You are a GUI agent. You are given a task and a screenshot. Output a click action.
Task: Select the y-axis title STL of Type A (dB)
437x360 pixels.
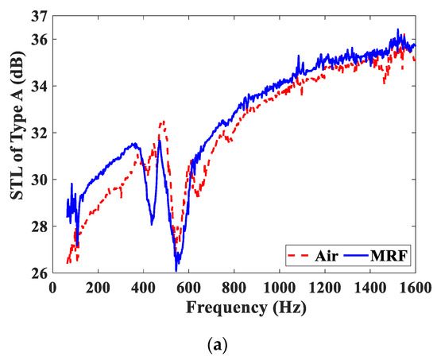14,143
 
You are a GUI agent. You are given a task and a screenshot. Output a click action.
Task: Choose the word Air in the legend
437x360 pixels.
332,257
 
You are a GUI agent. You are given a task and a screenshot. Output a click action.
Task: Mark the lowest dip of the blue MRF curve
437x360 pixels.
176,270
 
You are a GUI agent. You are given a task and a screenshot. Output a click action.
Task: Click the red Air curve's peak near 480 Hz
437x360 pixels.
162,122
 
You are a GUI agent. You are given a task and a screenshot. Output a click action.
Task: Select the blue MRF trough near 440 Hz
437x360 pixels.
152,225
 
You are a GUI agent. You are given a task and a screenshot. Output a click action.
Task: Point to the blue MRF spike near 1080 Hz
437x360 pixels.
297,57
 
